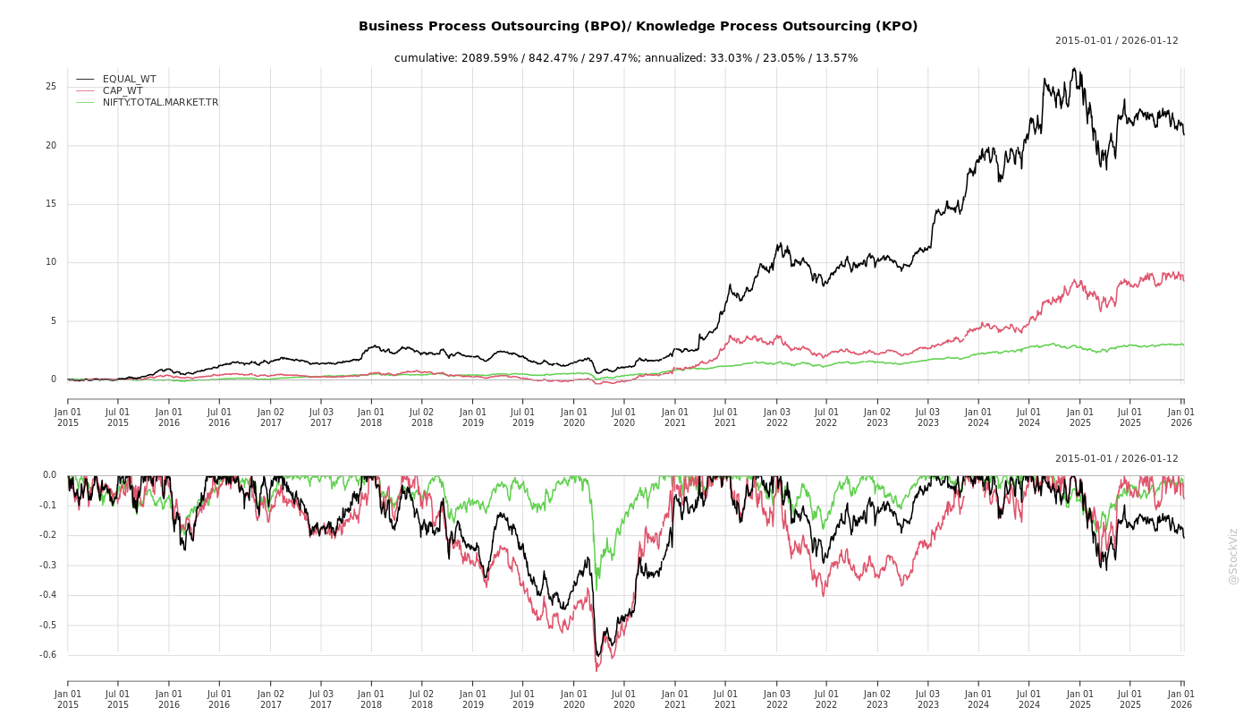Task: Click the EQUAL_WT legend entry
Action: coord(129,80)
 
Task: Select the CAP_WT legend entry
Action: coord(123,91)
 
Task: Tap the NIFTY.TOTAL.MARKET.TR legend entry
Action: coord(160,103)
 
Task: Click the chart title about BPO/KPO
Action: coord(638,27)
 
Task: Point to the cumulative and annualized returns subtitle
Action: coord(626,58)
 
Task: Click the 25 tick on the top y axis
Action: coord(51,87)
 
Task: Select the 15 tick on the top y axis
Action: coord(51,204)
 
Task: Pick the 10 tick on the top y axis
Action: coord(51,262)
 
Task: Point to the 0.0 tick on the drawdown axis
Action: coord(48,475)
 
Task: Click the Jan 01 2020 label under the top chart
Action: coord(574,417)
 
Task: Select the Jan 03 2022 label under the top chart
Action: coord(776,417)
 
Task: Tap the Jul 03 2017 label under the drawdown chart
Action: coord(321,699)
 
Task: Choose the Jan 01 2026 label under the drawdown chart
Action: coord(1181,699)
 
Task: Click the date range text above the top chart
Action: coord(1116,41)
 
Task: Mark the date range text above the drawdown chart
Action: coord(1116,459)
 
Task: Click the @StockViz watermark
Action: coord(1233,556)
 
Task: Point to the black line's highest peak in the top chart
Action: coord(1074,68)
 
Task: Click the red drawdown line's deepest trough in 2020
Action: coord(596,670)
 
